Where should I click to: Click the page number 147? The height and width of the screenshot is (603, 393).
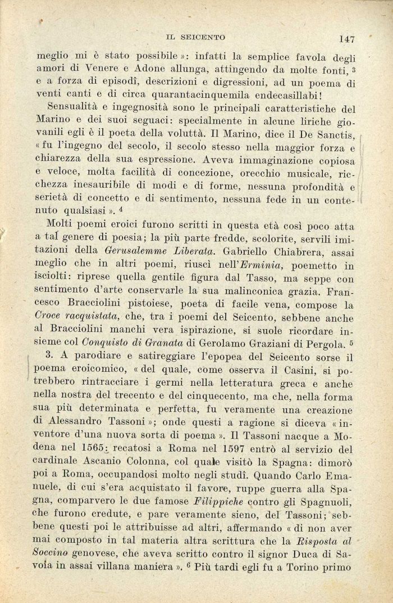(x=346, y=39)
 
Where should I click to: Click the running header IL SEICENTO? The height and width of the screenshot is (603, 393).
(x=195, y=37)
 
